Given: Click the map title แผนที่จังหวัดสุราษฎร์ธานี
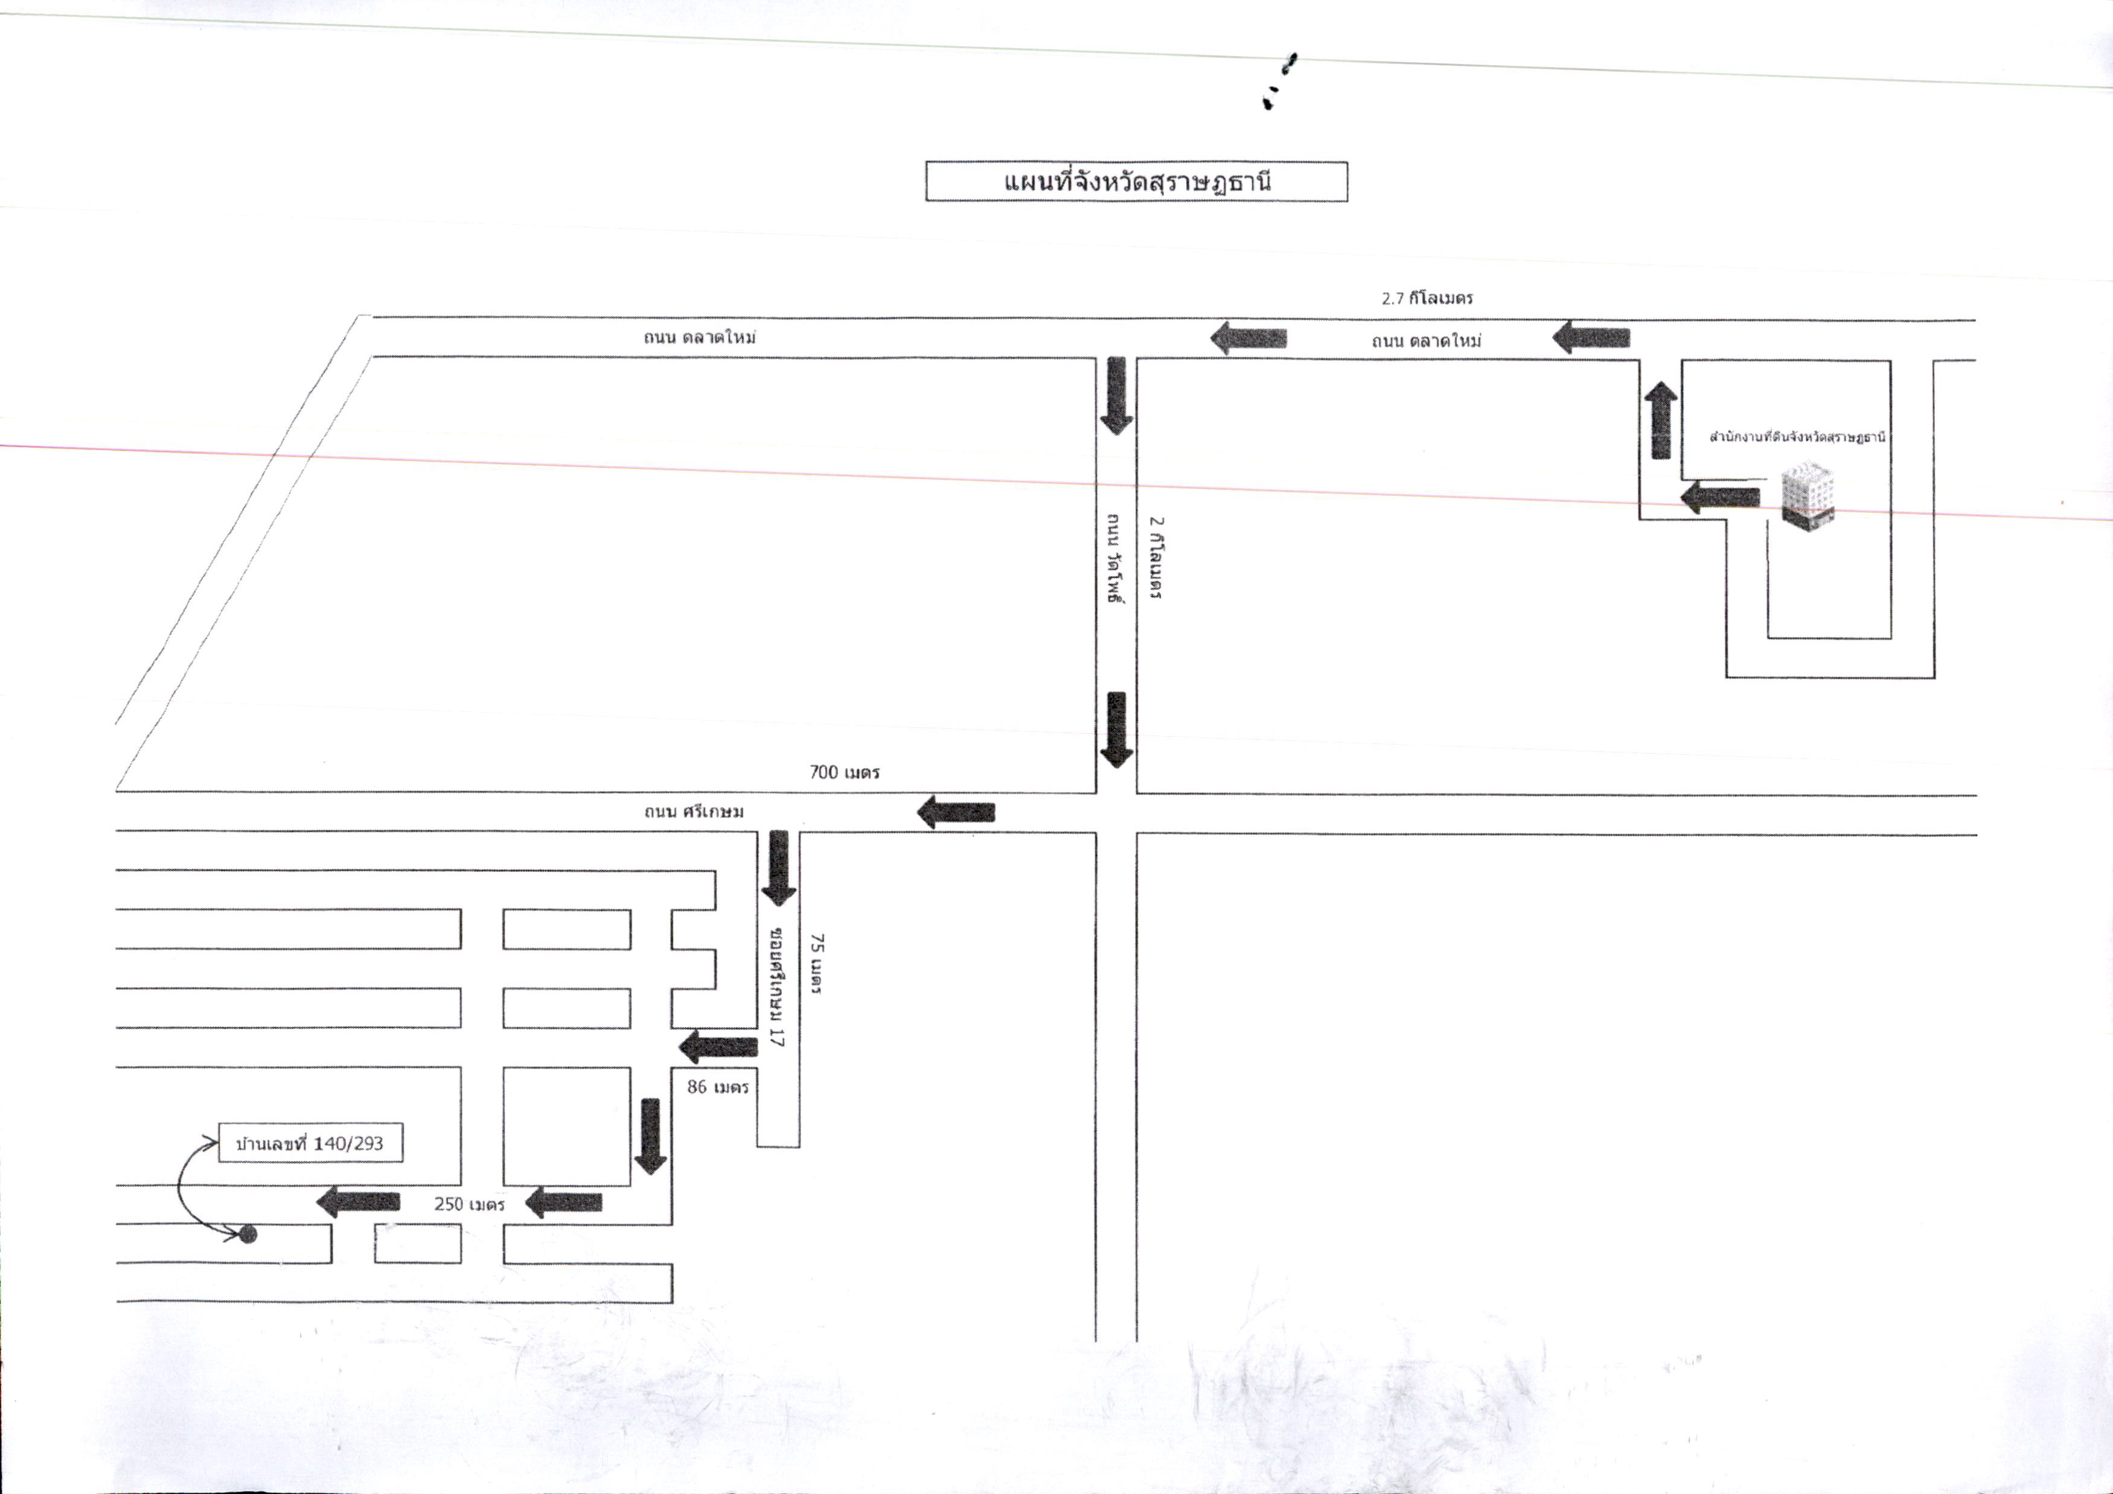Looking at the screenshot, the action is tap(1137, 181).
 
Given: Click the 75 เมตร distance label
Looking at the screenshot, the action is tap(816, 964).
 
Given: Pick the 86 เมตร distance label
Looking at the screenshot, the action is tap(718, 1087).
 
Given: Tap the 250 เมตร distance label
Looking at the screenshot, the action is tap(469, 1204).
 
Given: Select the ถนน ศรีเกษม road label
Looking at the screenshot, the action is tap(694, 812).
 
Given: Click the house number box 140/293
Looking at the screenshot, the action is tap(310, 1143).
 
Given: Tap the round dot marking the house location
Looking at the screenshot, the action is tap(248, 1235).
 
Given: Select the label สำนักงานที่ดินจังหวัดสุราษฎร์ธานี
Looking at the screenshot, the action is tap(1797, 436).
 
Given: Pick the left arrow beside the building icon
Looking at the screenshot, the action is tap(1720, 498).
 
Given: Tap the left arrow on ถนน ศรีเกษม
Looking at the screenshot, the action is tap(956, 812).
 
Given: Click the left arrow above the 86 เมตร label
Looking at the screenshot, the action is tap(718, 1046).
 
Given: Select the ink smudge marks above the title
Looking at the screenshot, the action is tap(1279, 81).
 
